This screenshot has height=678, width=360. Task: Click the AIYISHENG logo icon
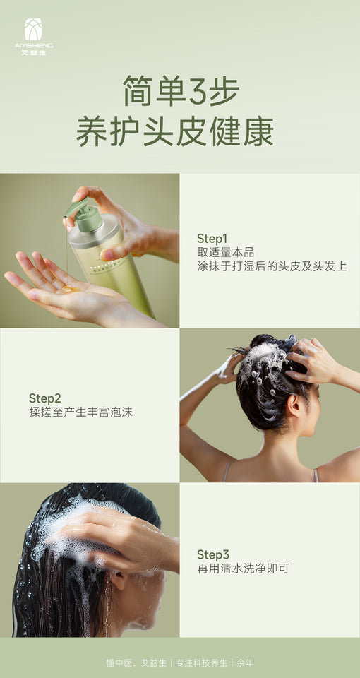click(x=33, y=30)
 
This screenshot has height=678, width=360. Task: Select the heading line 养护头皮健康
click(x=175, y=132)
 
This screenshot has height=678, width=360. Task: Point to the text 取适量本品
click(x=225, y=252)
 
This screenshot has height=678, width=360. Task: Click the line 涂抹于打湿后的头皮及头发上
click(x=272, y=266)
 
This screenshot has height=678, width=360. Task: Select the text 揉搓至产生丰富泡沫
click(x=80, y=412)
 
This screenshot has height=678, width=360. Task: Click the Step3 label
click(x=212, y=554)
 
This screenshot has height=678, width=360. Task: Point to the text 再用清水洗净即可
click(x=242, y=569)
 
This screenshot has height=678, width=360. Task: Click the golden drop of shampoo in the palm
click(x=69, y=288)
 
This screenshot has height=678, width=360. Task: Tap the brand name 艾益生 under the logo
click(x=33, y=52)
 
